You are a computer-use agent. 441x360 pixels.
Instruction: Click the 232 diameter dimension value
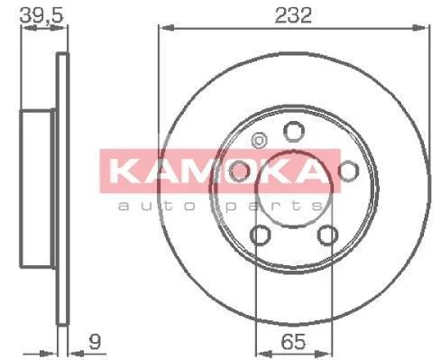click(x=293, y=15)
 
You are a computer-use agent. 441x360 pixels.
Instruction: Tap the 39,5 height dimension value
click(x=41, y=15)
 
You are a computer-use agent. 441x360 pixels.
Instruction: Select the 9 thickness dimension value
click(x=95, y=341)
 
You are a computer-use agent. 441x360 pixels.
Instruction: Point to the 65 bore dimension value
click(x=293, y=342)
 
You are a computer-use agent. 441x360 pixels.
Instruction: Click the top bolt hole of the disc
click(x=294, y=132)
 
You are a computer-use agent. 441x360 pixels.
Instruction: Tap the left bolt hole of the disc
click(x=239, y=171)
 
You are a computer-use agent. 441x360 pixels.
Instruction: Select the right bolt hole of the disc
click(x=348, y=171)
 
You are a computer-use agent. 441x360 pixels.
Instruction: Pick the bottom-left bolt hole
click(x=261, y=235)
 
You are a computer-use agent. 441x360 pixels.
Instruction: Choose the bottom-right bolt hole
click(x=327, y=235)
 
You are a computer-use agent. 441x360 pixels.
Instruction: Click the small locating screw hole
click(x=259, y=141)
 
